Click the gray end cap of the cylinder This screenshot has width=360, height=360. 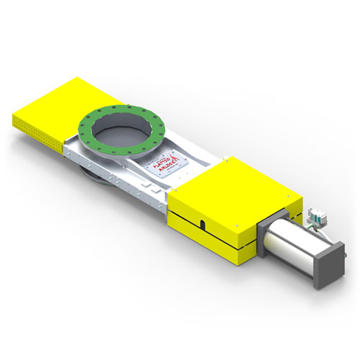point(332,266)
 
